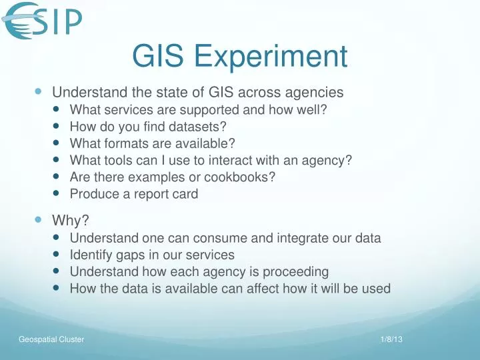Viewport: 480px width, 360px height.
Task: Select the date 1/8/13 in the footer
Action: coord(393,340)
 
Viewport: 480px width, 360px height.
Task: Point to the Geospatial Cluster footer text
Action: coord(51,340)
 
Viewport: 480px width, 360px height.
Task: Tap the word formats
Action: coord(121,143)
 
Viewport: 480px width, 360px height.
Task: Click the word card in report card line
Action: coord(185,195)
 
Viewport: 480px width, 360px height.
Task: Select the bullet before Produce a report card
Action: coord(57,195)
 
